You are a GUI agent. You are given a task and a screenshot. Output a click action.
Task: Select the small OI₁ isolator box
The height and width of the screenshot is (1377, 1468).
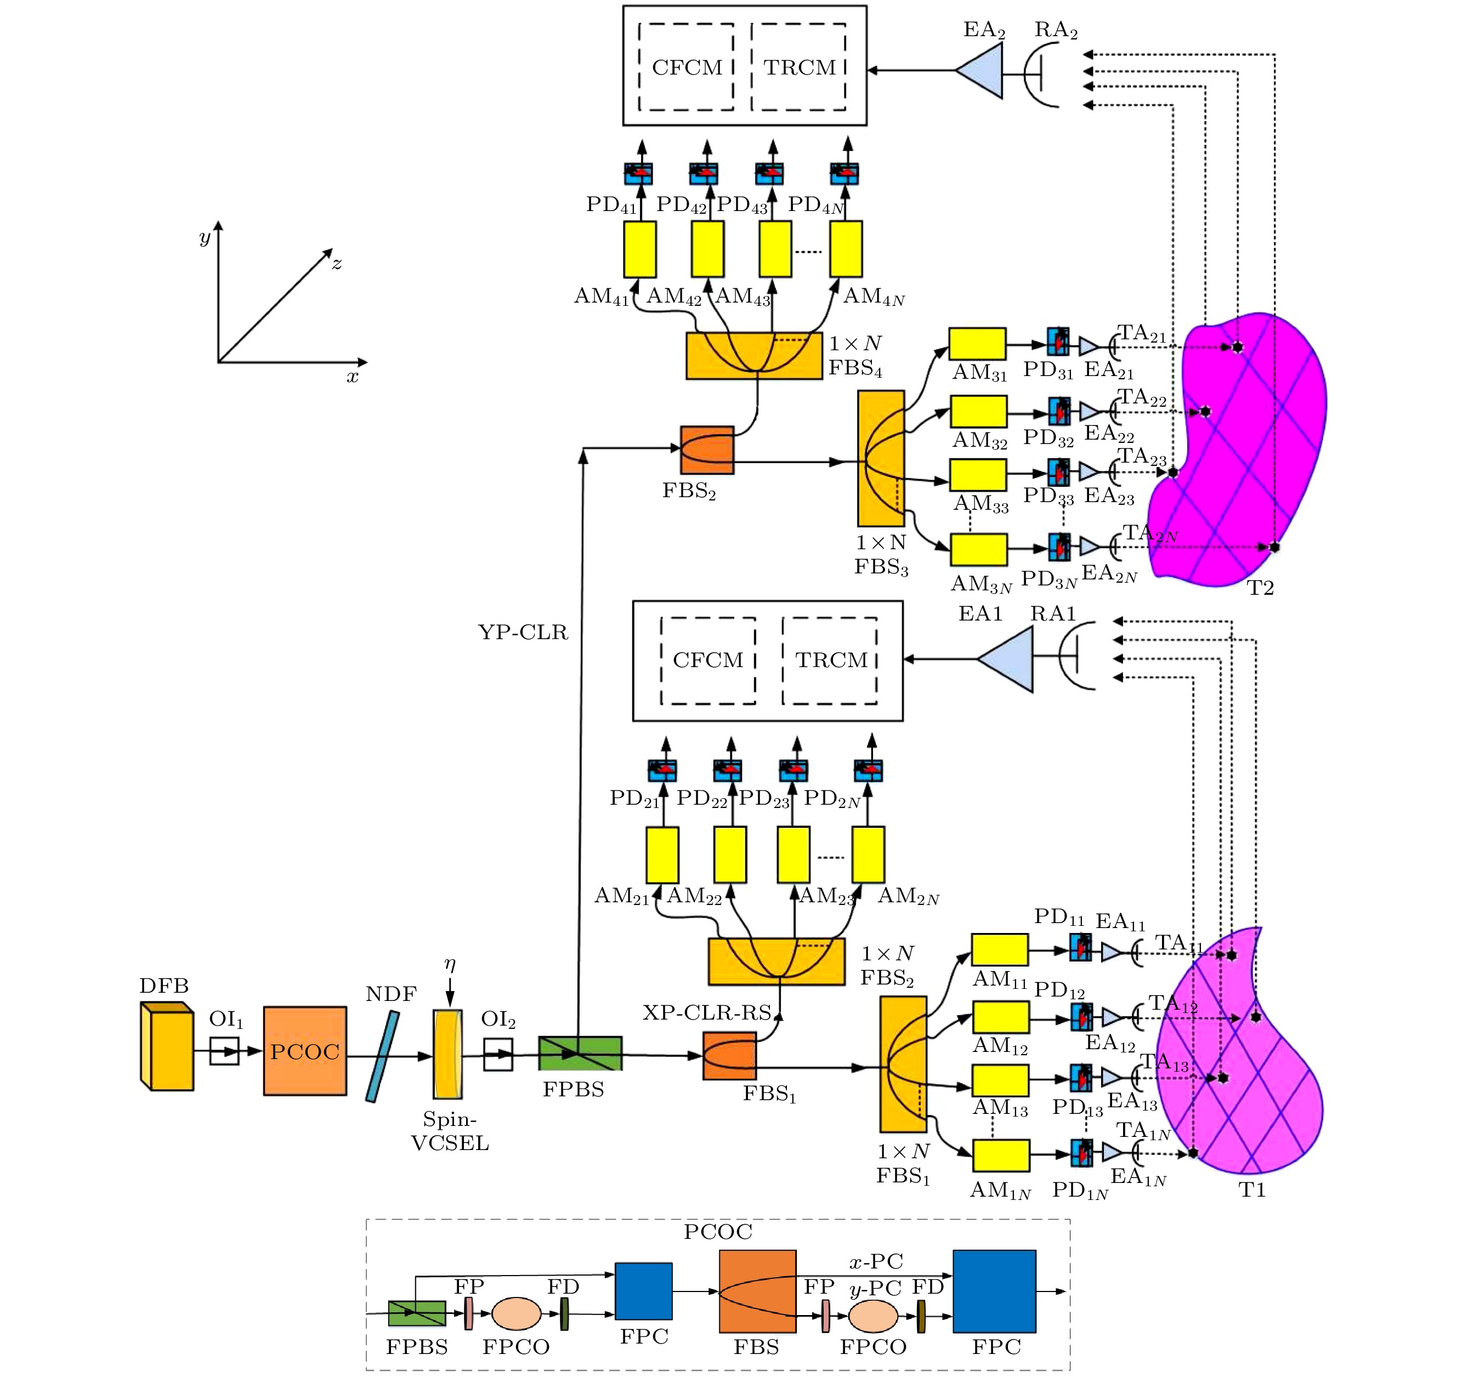(x=224, y=1051)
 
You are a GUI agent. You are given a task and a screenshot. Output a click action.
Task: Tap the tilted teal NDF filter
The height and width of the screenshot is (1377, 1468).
(x=383, y=1056)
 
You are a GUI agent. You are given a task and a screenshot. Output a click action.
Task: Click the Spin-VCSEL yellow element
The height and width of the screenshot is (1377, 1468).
(x=447, y=1054)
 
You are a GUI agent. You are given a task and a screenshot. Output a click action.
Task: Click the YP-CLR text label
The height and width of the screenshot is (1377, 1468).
(x=523, y=632)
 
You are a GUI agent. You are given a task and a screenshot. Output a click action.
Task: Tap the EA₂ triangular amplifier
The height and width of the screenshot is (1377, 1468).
(x=980, y=71)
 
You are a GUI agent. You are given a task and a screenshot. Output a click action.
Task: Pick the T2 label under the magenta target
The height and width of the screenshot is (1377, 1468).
(x=1261, y=588)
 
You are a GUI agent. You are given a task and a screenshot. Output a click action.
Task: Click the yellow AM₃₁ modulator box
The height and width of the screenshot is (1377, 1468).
(x=977, y=344)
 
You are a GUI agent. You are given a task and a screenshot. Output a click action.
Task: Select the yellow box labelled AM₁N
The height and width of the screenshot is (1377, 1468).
(x=1001, y=1156)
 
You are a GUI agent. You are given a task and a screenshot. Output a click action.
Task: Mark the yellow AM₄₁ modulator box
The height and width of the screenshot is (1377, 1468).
(x=639, y=249)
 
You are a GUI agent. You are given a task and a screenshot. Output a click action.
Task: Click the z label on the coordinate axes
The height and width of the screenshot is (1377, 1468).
(x=337, y=263)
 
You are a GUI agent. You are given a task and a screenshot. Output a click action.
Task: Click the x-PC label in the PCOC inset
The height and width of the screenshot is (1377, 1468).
(x=876, y=1261)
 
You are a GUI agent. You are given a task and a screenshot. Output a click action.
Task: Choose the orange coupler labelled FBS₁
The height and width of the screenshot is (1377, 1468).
(x=729, y=1056)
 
